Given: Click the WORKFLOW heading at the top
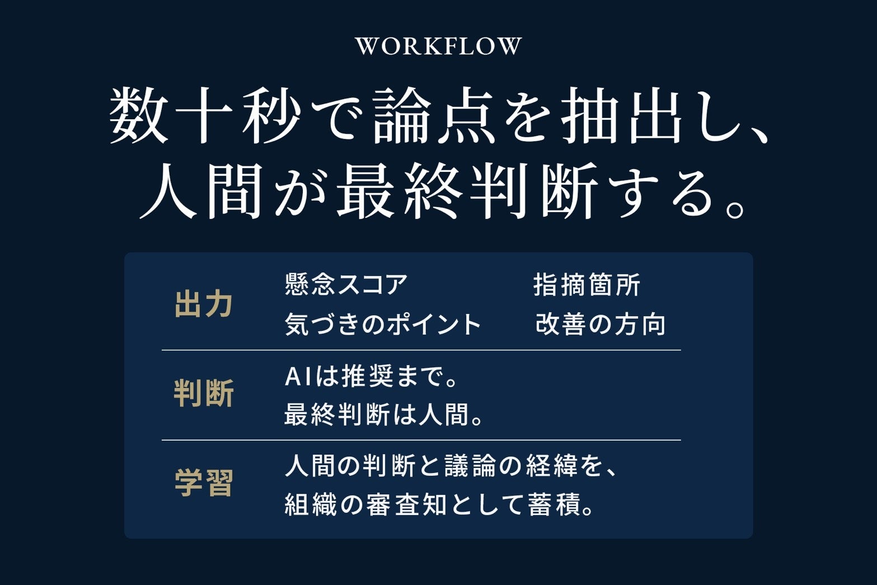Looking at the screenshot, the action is (x=438, y=46).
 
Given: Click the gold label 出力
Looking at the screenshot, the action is (x=204, y=304).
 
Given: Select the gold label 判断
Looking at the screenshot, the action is (x=204, y=393).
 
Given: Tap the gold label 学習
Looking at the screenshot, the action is (x=204, y=483).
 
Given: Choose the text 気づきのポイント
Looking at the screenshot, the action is (x=382, y=324).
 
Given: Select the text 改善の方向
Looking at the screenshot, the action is (x=600, y=324).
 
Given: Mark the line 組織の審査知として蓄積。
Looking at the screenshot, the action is (x=439, y=504).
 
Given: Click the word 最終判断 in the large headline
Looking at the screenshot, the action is (x=467, y=191).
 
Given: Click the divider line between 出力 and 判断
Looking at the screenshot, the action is (x=421, y=350).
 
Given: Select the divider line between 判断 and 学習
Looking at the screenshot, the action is (x=421, y=440).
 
